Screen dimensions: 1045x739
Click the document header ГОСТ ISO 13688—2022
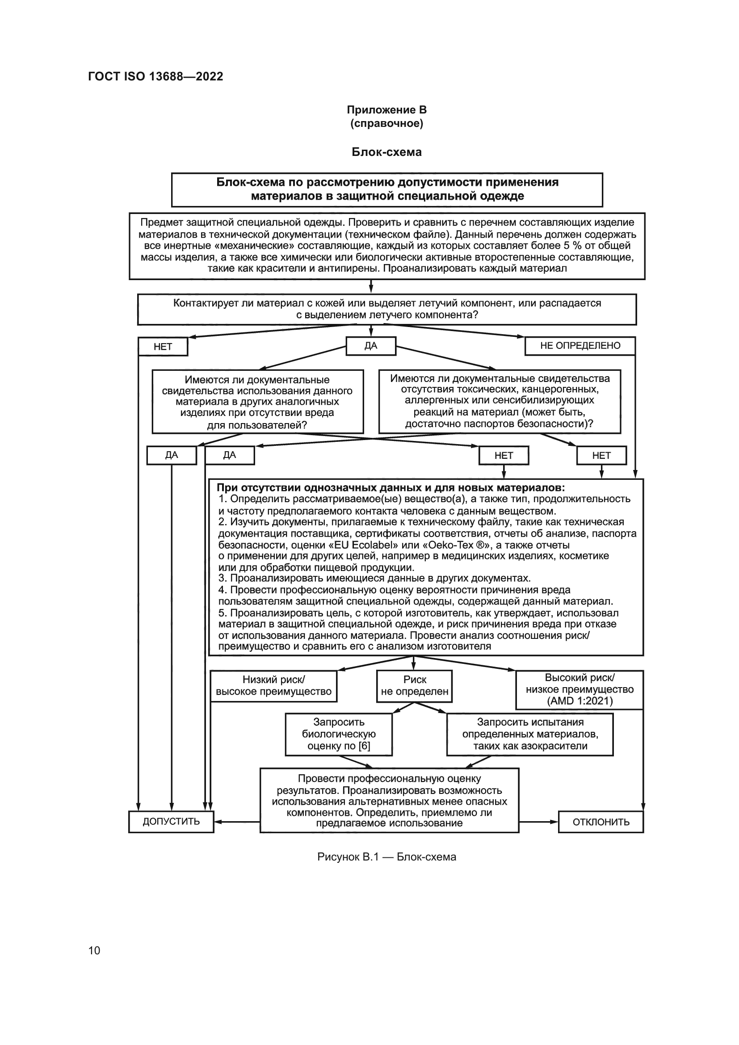tap(155, 76)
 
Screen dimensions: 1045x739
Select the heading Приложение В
tap(386, 110)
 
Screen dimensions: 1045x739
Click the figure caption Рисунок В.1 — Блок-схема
tap(386, 857)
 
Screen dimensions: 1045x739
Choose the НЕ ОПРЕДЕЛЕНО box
tap(580, 345)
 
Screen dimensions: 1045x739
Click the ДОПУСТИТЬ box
tap(171, 822)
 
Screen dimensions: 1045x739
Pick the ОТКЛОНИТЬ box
tap(600, 822)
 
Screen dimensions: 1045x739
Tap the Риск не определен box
tap(415, 685)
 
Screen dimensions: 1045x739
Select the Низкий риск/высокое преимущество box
tap(273, 685)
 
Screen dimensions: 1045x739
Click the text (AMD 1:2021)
tap(580, 701)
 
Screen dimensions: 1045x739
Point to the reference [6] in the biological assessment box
tap(364, 746)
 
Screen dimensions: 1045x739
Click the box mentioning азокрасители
tap(530, 734)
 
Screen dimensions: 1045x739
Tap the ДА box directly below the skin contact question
tap(371, 346)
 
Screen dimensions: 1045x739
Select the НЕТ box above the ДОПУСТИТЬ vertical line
tap(163, 347)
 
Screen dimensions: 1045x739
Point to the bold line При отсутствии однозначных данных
tap(391, 488)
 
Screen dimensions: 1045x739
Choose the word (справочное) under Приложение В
tap(386, 123)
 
